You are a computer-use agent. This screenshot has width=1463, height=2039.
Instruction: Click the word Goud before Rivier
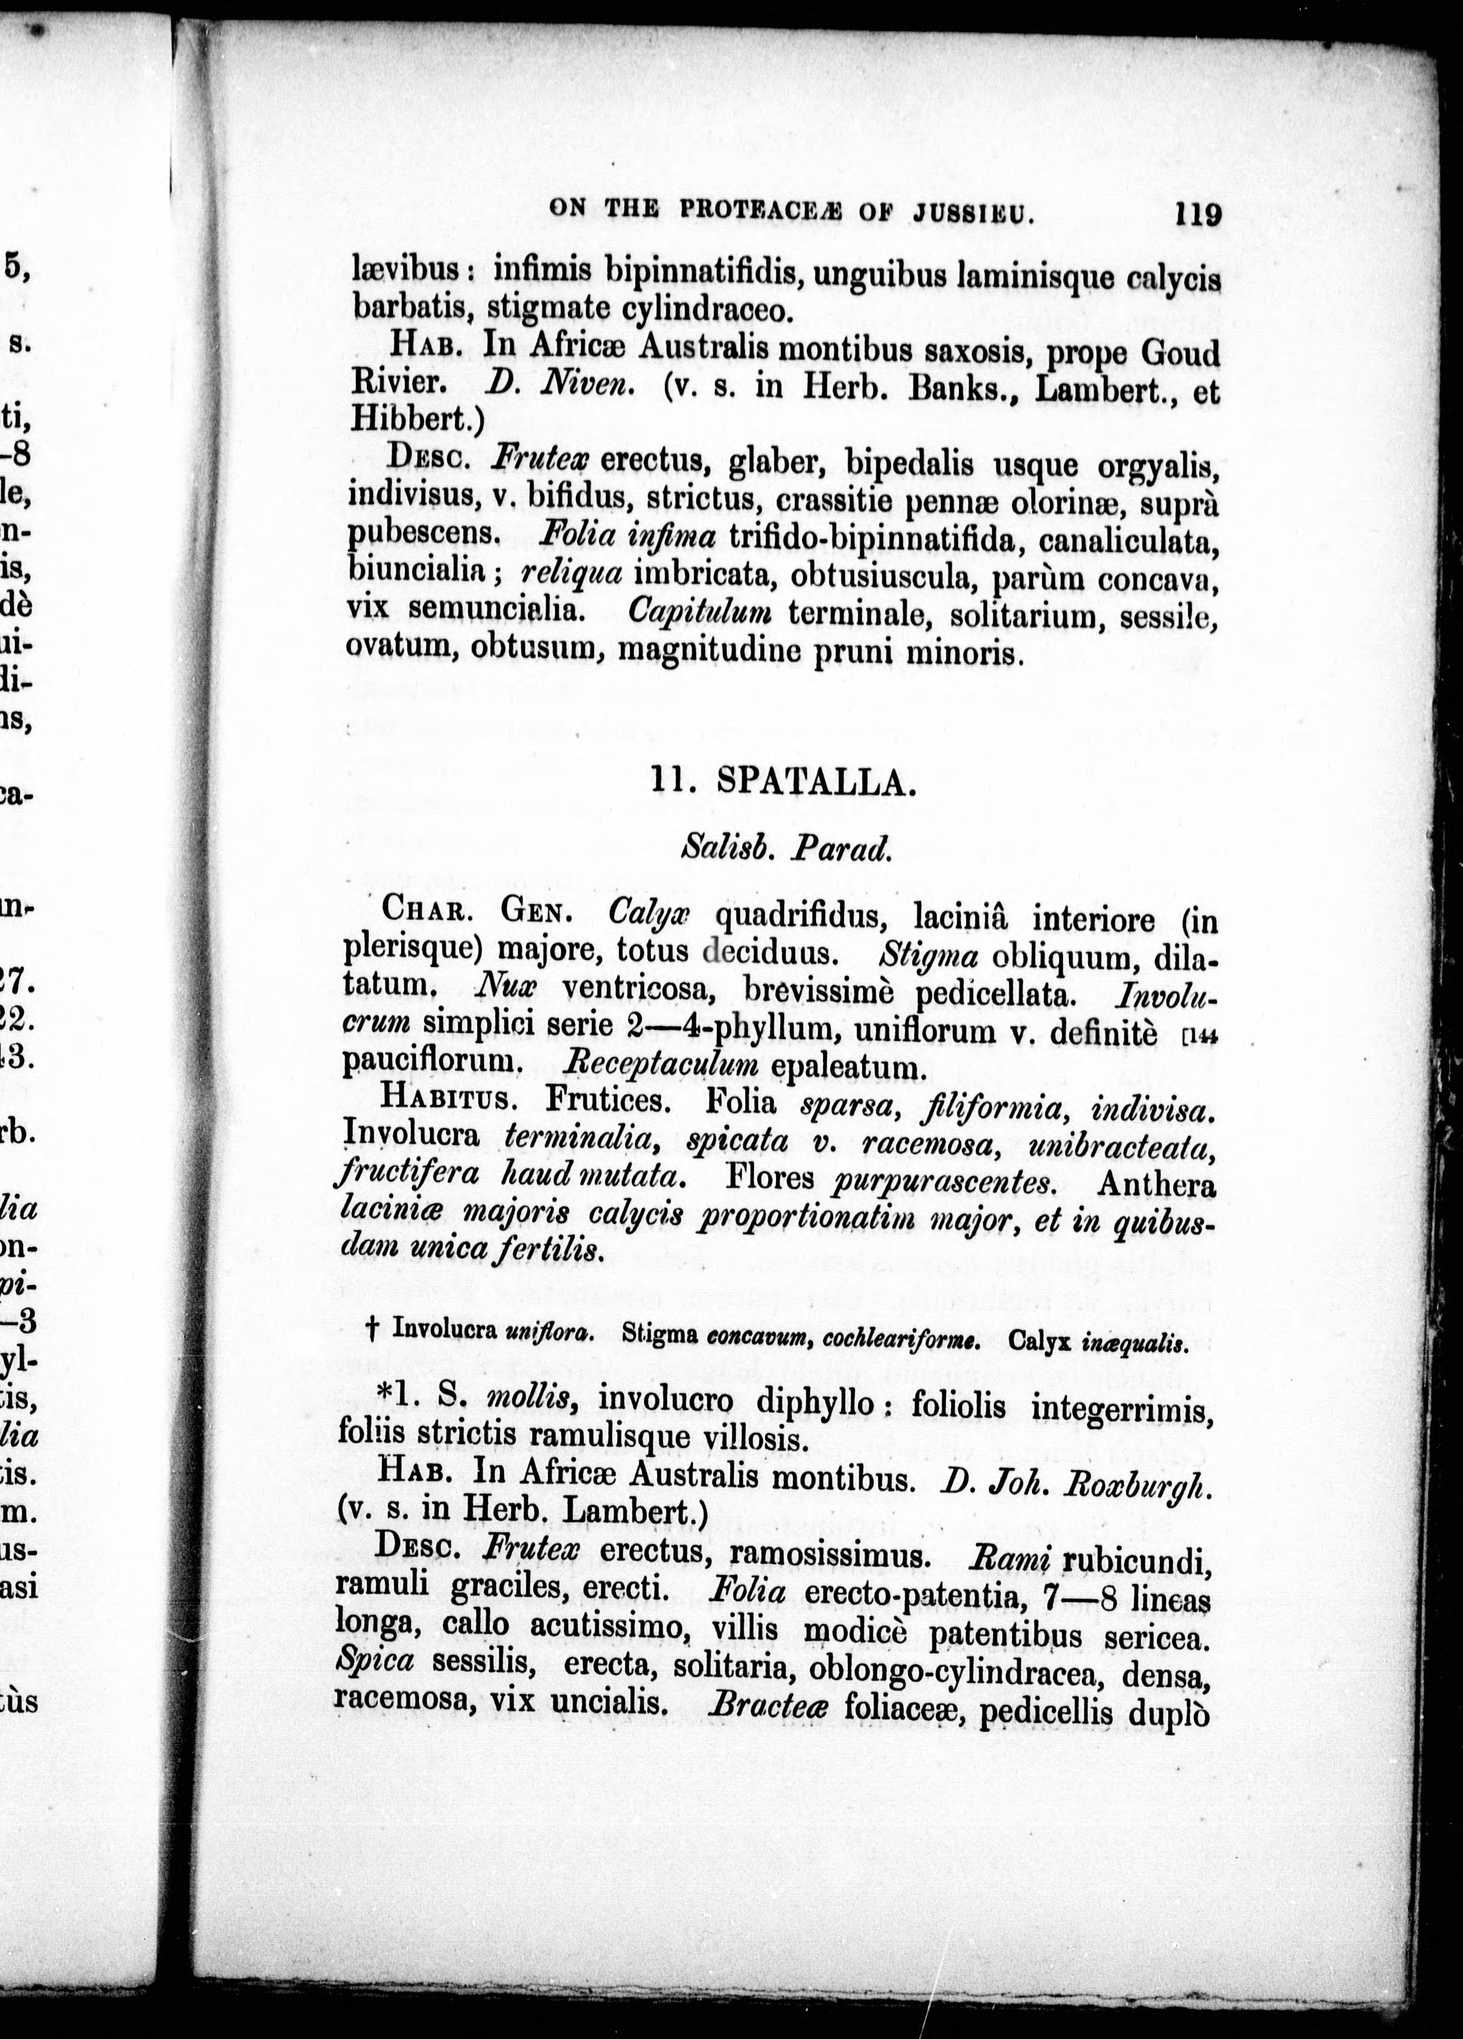click(1181, 351)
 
